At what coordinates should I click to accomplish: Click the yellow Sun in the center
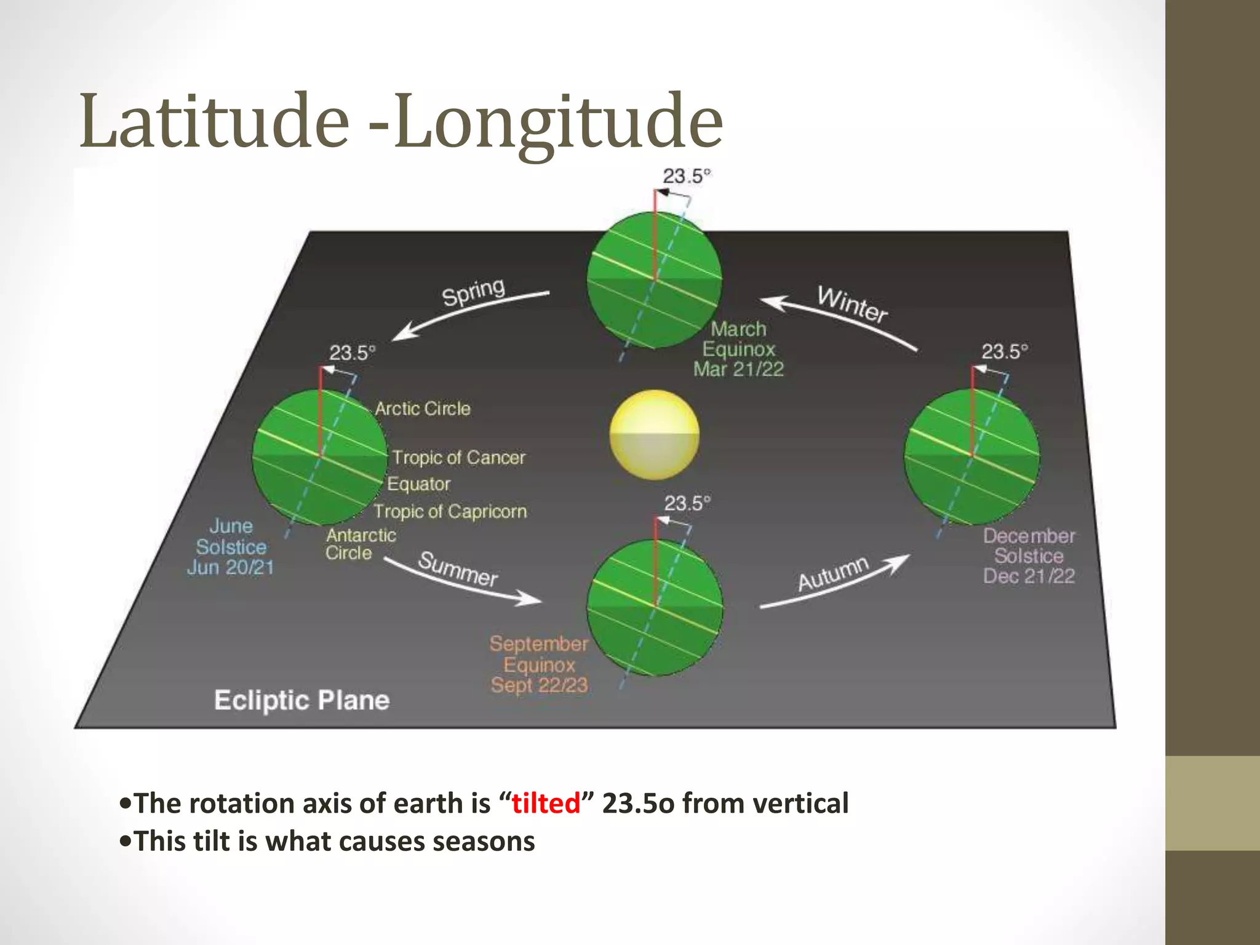coord(654,434)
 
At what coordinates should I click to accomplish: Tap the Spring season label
coord(473,292)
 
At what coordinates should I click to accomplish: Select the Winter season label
coord(853,305)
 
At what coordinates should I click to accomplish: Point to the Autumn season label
coord(833,573)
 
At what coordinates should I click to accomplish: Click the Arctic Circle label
coord(423,409)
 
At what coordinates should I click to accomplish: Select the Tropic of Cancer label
coord(459,458)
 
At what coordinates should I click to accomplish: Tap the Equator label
coord(419,484)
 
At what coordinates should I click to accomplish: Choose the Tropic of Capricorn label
coord(450,511)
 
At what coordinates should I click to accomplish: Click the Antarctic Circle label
coord(360,544)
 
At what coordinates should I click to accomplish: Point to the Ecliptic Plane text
coord(301,700)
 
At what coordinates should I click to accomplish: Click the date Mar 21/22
coord(738,369)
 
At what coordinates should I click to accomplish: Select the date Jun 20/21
coord(230,567)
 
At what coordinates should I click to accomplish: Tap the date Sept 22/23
coord(539,685)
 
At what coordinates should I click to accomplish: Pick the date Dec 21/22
coord(1029,576)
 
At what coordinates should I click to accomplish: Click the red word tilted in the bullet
coord(546,803)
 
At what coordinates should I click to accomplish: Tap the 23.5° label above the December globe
coord(1004,352)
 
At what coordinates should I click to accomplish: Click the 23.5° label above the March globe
coord(686,177)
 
